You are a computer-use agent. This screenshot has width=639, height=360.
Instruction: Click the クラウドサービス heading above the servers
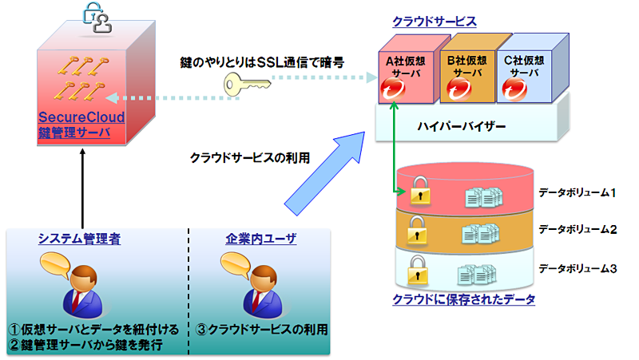click(435, 21)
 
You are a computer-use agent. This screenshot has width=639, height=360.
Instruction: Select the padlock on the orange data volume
click(415, 231)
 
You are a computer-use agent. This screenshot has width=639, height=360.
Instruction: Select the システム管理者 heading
click(80, 238)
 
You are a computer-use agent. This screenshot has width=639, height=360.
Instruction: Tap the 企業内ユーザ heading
click(261, 238)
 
